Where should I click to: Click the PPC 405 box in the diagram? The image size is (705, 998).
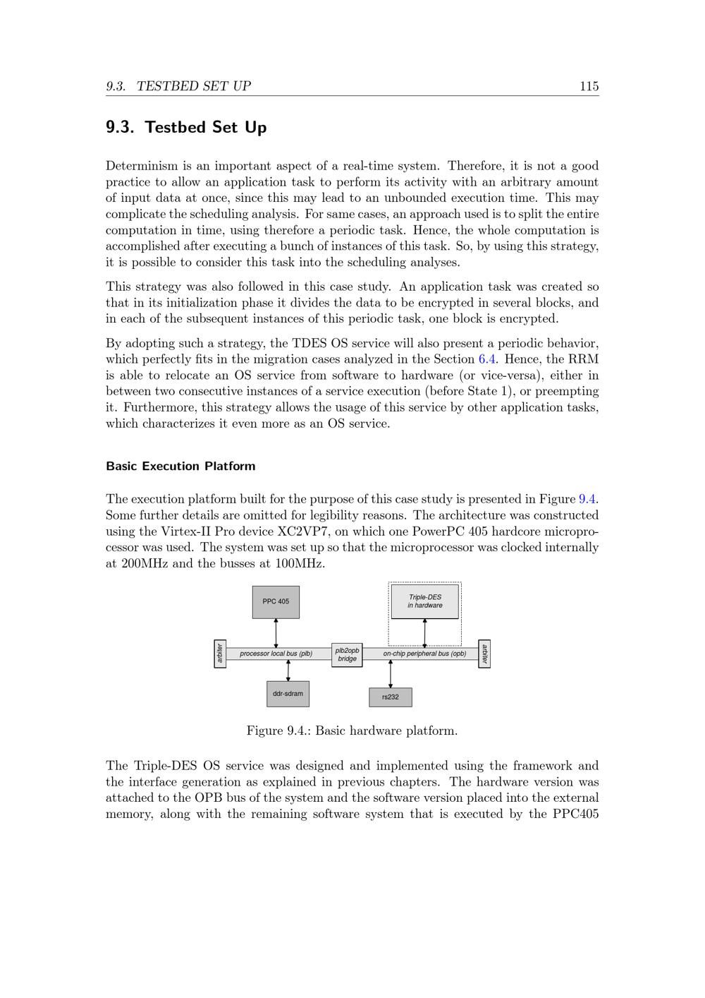(276, 602)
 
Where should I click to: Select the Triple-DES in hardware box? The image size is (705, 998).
(424, 601)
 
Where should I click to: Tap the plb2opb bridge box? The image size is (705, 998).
(347, 655)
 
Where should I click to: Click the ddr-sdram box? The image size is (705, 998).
(288, 694)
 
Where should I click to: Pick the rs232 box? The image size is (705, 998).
(391, 697)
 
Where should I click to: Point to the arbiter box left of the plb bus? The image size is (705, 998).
(220, 654)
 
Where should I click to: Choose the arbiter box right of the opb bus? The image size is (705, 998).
(484, 654)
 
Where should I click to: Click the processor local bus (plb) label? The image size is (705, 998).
(276, 654)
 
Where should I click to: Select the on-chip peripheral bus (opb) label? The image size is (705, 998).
(424, 654)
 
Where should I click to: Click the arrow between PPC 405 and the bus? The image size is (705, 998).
(276, 633)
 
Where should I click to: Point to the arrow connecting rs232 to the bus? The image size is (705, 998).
(391, 674)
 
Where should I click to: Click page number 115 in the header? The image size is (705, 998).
(589, 86)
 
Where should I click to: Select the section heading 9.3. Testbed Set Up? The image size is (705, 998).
(186, 128)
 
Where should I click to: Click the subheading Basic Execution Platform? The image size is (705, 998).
(180, 466)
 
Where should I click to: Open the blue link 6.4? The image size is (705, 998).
(487, 359)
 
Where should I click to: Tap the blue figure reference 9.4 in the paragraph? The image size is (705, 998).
(587, 499)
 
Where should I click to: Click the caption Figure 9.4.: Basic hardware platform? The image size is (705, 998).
(352, 731)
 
